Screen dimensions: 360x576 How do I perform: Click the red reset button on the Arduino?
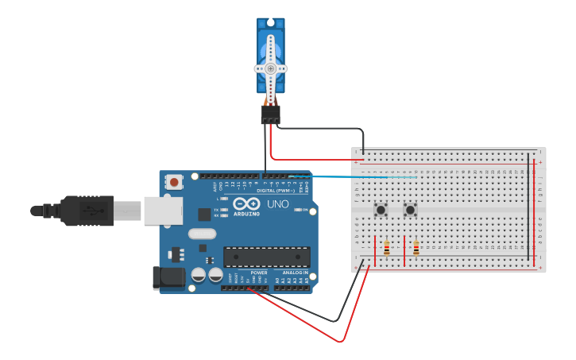coord(174,182)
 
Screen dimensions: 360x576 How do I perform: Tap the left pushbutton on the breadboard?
coord(381,210)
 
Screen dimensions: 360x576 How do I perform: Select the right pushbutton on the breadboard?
coord(410,210)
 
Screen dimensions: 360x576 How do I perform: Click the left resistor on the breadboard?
coord(387,249)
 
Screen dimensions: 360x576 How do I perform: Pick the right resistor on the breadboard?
coord(416,249)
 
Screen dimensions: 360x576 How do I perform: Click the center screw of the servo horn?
coord(270,68)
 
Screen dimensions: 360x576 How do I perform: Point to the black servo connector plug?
coord(270,114)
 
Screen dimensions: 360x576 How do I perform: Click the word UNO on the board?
coord(278,203)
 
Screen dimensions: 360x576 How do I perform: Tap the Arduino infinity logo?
coord(246,203)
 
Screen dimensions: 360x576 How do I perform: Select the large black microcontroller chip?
coord(266,257)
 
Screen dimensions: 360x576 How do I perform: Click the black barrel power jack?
coord(168,277)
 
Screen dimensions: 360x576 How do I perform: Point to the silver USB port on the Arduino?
coord(163,211)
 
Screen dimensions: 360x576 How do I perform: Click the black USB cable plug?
coord(87,211)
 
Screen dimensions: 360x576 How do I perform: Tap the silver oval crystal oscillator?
coord(203,234)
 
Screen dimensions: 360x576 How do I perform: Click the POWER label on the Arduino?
coord(259,273)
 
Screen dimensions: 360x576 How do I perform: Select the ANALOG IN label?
coord(295,273)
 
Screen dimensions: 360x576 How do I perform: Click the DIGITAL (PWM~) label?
coord(275,191)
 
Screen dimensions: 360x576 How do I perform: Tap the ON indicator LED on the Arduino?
coord(295,210)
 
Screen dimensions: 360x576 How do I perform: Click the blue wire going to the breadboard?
coord(358,177)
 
